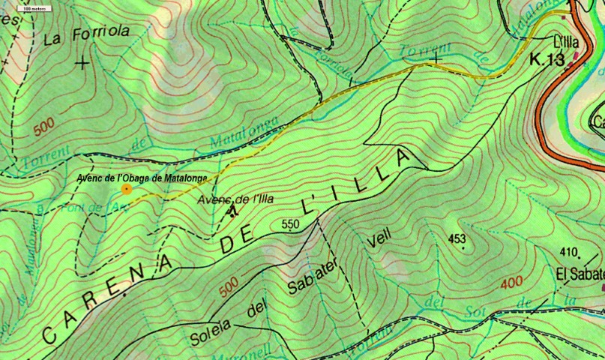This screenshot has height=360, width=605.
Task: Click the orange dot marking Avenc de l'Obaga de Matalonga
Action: tap(127, 189)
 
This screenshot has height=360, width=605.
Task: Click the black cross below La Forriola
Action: tap(82, 63)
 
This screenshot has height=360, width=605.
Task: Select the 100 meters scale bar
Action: tap(31, 8)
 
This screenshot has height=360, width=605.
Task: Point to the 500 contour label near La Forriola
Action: tap(44, 128)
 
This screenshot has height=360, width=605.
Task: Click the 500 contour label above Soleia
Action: tap(228, 286)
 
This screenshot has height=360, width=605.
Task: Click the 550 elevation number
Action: tap(291, 223)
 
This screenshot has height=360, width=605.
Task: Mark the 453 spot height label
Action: tap(457, 239)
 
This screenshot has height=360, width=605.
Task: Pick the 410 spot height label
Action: tap(570, 252)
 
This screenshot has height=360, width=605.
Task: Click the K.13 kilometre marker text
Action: tap(547, 60)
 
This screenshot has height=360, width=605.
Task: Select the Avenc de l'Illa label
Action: tap(235, 199)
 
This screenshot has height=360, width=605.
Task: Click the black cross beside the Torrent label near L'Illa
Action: tap(435, 56)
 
